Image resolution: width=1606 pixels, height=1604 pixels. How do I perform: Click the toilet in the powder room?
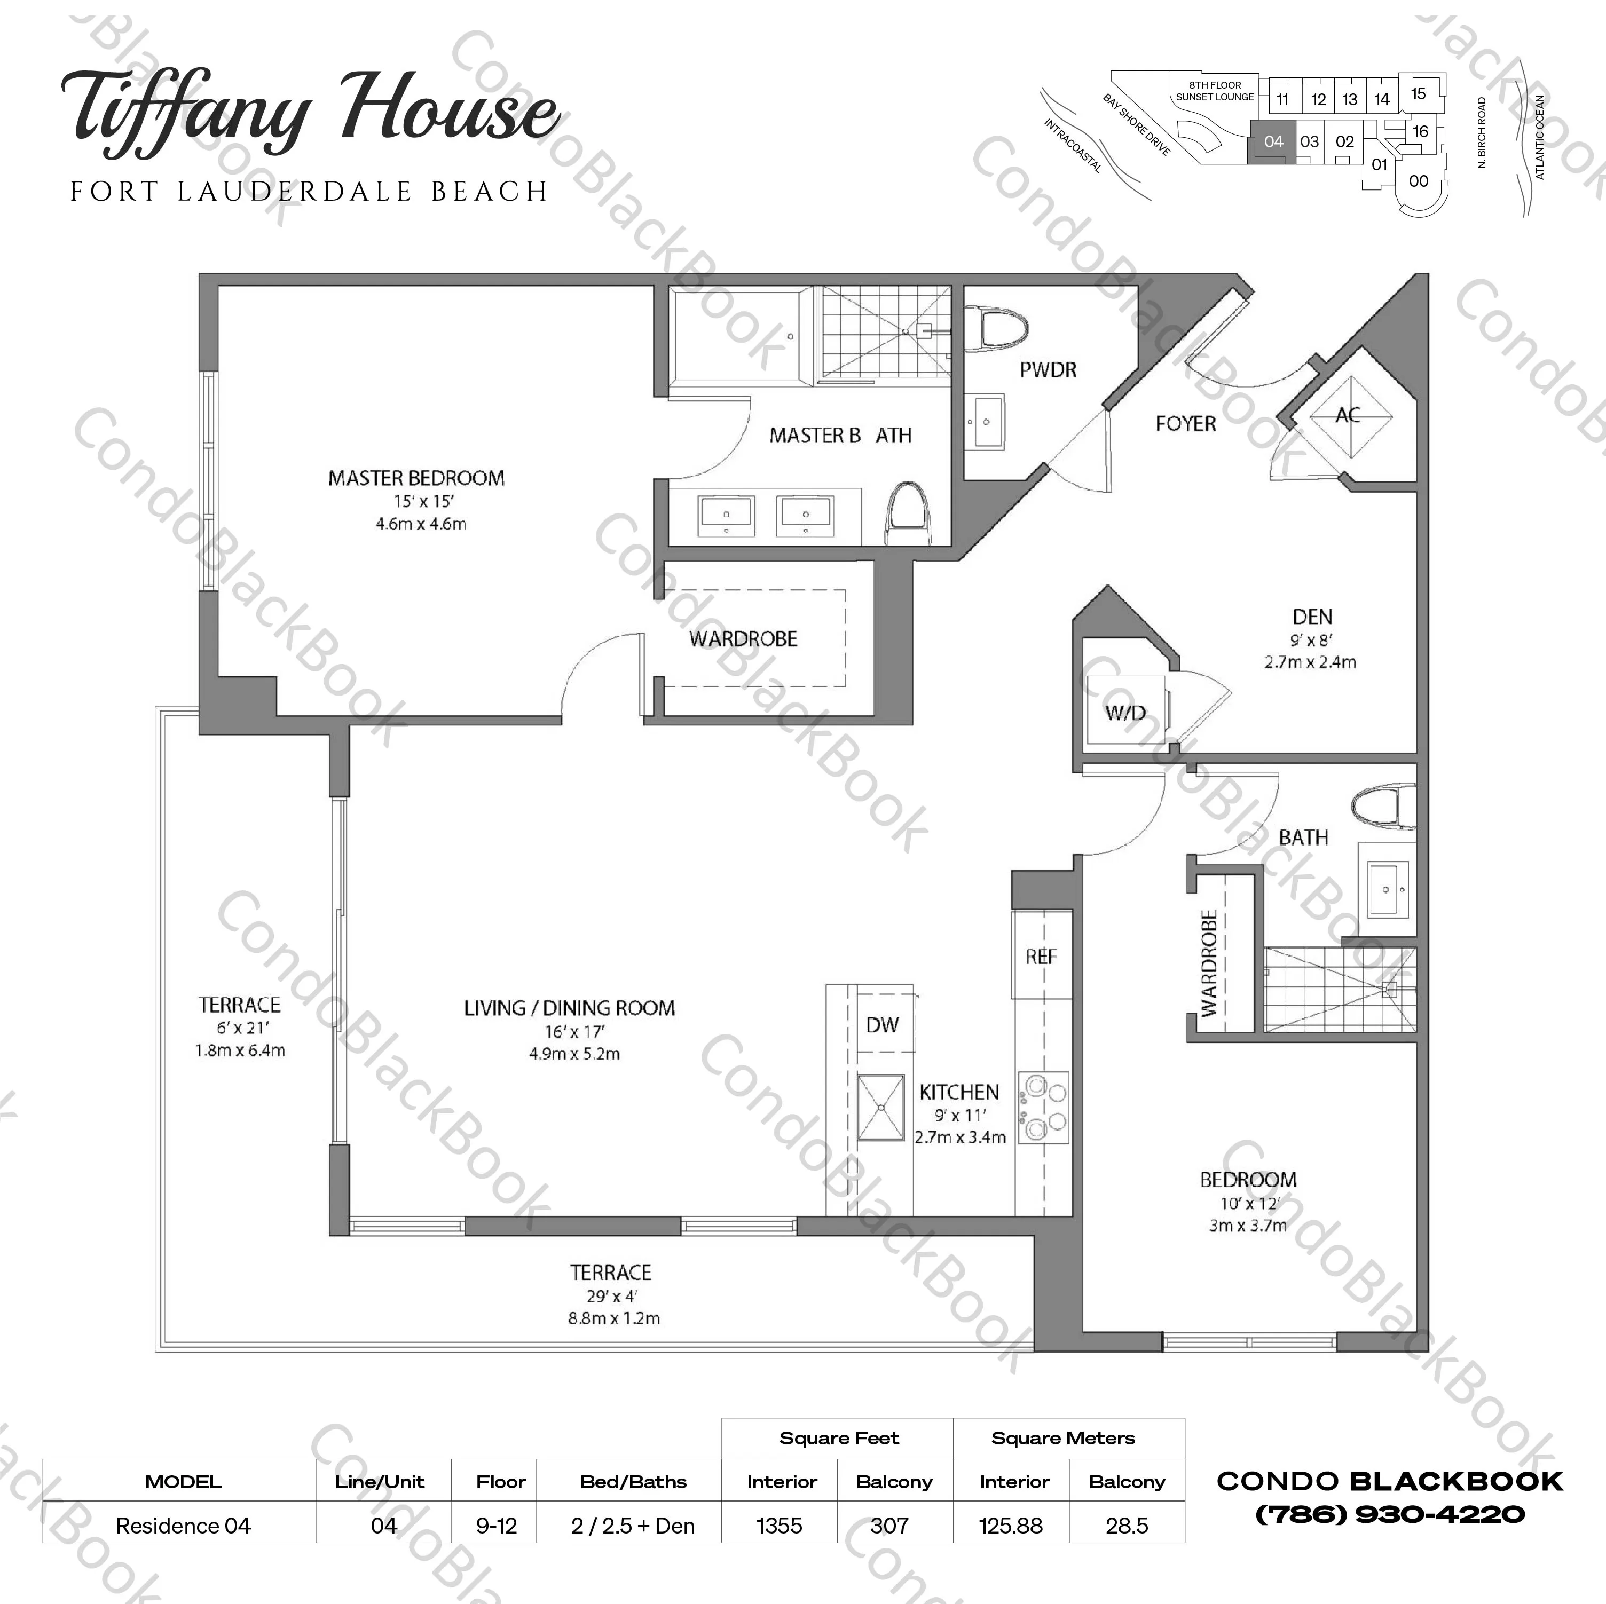click(995, 327)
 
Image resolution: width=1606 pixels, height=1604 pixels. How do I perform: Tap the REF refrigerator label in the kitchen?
click(1041, 957)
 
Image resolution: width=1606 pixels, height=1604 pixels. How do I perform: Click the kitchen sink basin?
click(880, 1108)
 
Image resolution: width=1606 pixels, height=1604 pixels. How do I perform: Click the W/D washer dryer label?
click(1125, 712)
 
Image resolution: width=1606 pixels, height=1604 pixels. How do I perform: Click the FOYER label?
click(1185, 424)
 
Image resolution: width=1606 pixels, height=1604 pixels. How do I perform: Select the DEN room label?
click(1312, 617)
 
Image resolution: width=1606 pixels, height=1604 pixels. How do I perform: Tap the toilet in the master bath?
click(909, 513)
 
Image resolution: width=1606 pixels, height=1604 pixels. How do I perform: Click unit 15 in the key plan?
click(1418, 94)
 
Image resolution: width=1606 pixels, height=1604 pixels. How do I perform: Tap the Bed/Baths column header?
click(633, 1481)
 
